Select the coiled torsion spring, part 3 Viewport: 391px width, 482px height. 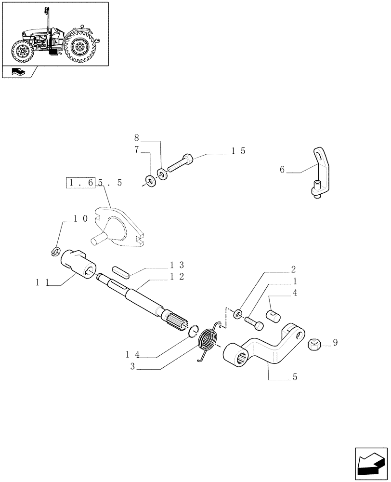coord(208,341)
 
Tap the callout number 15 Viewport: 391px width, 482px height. coord(238,151)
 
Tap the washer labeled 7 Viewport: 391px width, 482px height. coord(151,181)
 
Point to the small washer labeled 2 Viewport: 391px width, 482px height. coord(237,315)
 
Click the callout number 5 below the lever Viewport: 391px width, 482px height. coord(294,376)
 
